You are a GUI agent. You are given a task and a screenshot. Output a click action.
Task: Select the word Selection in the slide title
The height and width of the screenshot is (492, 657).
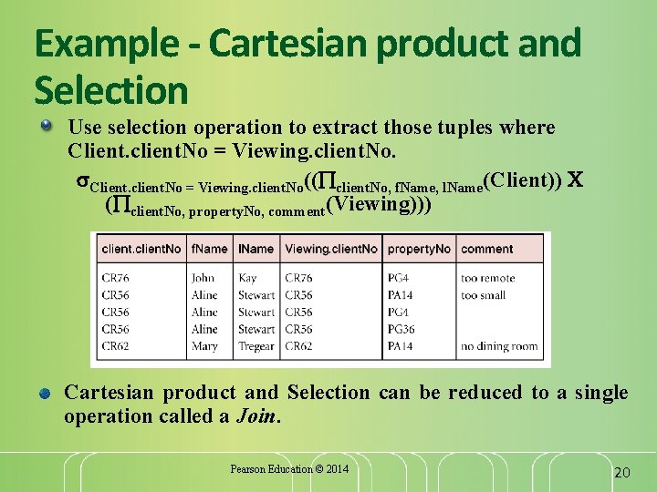pos(110,90)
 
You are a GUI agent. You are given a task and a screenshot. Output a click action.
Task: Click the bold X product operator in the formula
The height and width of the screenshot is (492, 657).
pos(575,179)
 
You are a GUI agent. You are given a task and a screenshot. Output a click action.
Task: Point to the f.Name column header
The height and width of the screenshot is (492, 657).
pos(210,248)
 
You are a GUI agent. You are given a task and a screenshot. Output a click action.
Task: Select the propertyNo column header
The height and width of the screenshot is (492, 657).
pos(419,248)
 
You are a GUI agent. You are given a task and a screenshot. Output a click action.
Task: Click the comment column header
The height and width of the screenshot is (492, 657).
pos(487,248)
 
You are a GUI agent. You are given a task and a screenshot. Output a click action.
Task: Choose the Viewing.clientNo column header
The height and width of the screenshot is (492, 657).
pos(331,248)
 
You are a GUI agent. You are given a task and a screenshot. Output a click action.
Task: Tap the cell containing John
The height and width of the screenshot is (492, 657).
pos(203,278)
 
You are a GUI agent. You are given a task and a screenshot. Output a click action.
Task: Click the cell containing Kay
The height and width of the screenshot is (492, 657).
pos(247,278)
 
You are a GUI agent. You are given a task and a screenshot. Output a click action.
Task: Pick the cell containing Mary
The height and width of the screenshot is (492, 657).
pos(204,346)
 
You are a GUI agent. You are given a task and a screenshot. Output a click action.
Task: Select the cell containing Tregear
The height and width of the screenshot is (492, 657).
pos(256,346)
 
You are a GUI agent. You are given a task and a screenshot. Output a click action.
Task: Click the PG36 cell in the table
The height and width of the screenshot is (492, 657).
pos(401,329)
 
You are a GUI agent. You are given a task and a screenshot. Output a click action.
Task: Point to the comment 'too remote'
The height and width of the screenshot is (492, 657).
pos(488,278)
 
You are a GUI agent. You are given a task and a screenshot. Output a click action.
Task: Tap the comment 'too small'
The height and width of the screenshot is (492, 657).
pos(484,295)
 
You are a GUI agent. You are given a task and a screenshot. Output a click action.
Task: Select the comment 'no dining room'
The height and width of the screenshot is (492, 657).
pos(499,346)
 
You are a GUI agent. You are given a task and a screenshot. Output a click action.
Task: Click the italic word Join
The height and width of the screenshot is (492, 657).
pos(258,416)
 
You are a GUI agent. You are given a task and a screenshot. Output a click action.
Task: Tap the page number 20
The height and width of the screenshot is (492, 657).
pos(621,472)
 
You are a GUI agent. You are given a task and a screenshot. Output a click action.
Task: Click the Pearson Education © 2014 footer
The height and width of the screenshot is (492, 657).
pos(289,469)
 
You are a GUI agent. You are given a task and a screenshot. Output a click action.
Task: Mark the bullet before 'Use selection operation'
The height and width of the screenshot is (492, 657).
pos(46,126)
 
